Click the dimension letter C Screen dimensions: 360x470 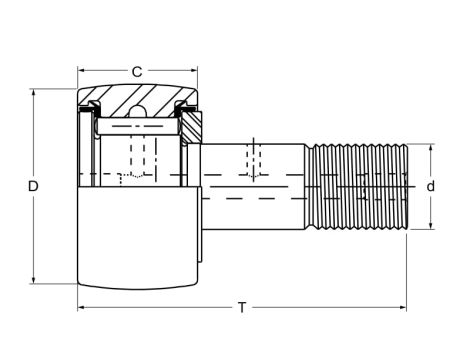[x=137, y=71]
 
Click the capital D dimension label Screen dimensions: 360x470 [x=33, y=187]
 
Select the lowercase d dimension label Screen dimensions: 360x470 [x=431, y=186]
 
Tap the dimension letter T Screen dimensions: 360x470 [x=241, y=307]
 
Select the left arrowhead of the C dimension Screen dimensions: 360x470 [x=82, y=72]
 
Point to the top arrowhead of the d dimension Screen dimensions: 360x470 [x=431, y=148]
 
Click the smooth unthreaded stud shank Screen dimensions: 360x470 [x=255, y=185]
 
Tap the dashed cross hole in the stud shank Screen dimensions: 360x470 [x=254, y=161]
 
